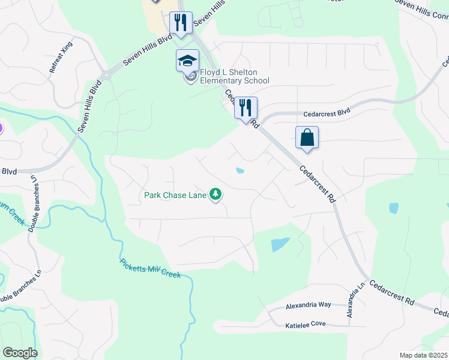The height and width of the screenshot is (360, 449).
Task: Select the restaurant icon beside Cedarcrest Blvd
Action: pos(246,109)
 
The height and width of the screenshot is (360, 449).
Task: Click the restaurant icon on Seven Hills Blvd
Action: pos(181,23)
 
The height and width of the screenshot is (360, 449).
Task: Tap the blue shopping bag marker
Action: pos(307,137)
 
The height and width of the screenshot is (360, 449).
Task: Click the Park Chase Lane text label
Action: pos(175,195)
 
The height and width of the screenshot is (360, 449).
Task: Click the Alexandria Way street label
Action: pos(308,305)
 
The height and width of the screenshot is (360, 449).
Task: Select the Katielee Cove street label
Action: pos(306,325)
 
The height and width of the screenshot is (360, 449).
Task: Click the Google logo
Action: pos(20,353)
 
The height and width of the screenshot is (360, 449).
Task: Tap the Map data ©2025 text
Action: pos(423,355)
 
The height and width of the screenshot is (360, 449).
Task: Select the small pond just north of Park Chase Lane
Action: pos(240,171)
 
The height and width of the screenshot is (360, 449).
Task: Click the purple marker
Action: pos(1,127)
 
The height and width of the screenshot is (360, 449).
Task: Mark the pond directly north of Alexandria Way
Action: pos(279,244)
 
